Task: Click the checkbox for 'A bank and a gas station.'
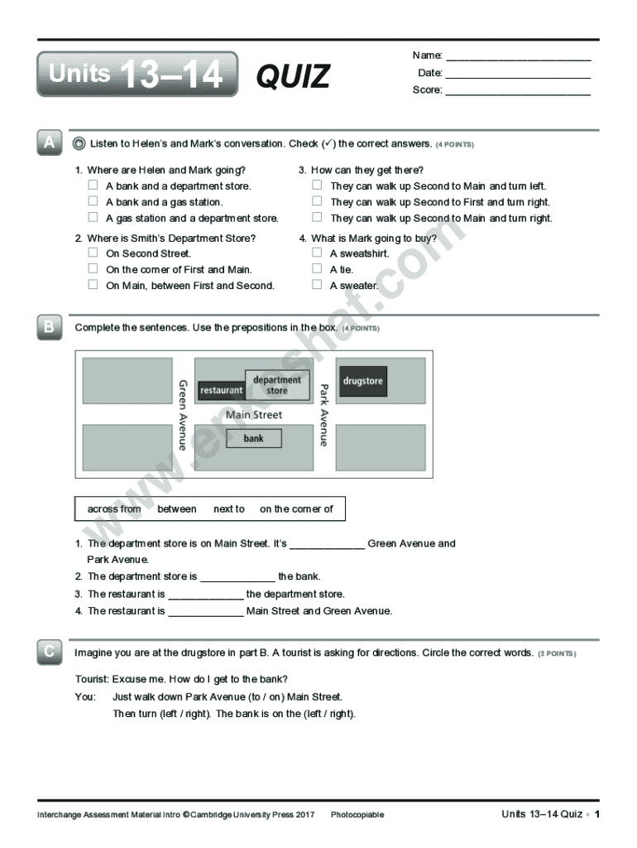pos(93,201)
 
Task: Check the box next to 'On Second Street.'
pos(93,253)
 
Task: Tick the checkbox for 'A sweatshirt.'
pos(317,253)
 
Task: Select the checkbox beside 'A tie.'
pos(317,269)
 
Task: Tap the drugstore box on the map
pos(363,381)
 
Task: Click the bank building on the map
pos(253,438)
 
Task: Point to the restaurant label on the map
pos(222,389)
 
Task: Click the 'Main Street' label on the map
pos(254,415)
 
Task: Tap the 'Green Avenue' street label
pos(183,415)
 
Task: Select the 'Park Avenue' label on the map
pos(324,415)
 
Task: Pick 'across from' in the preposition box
pos(114,509)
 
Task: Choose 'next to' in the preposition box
pos(229,509)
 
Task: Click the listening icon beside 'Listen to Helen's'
pos(79,144)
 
